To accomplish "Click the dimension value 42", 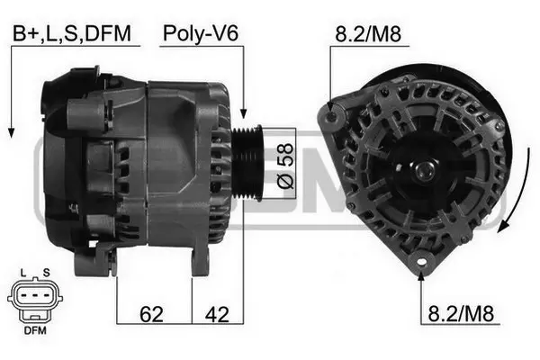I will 217,315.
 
